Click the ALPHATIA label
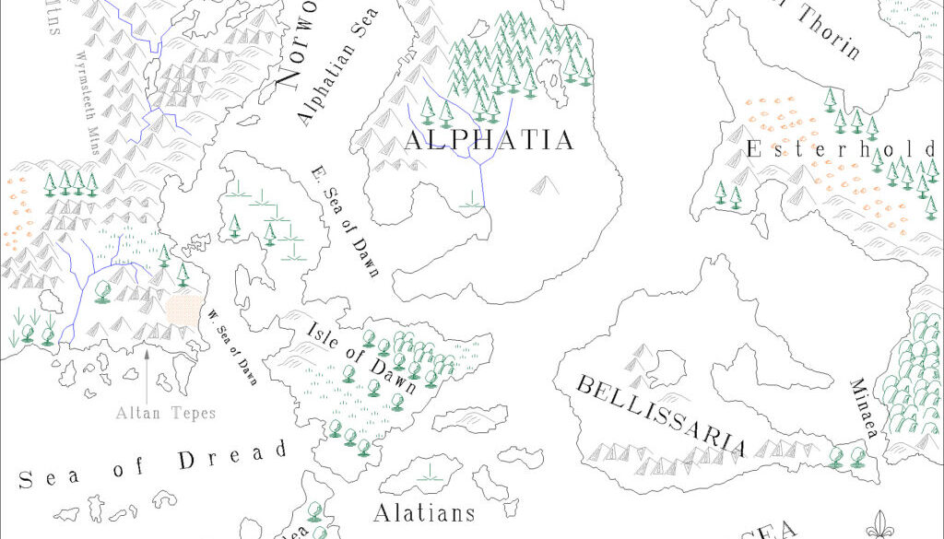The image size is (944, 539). (490, 140)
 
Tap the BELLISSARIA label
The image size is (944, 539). (660, 416)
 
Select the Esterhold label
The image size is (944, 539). (841, 149)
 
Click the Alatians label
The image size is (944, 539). (424, 512)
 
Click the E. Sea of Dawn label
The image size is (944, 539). (346, 221)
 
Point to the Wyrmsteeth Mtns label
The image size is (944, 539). (100, 88)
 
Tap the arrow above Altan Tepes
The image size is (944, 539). (147, 369)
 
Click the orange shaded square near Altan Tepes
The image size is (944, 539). (183, 307)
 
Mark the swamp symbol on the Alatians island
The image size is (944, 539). (429, 475)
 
